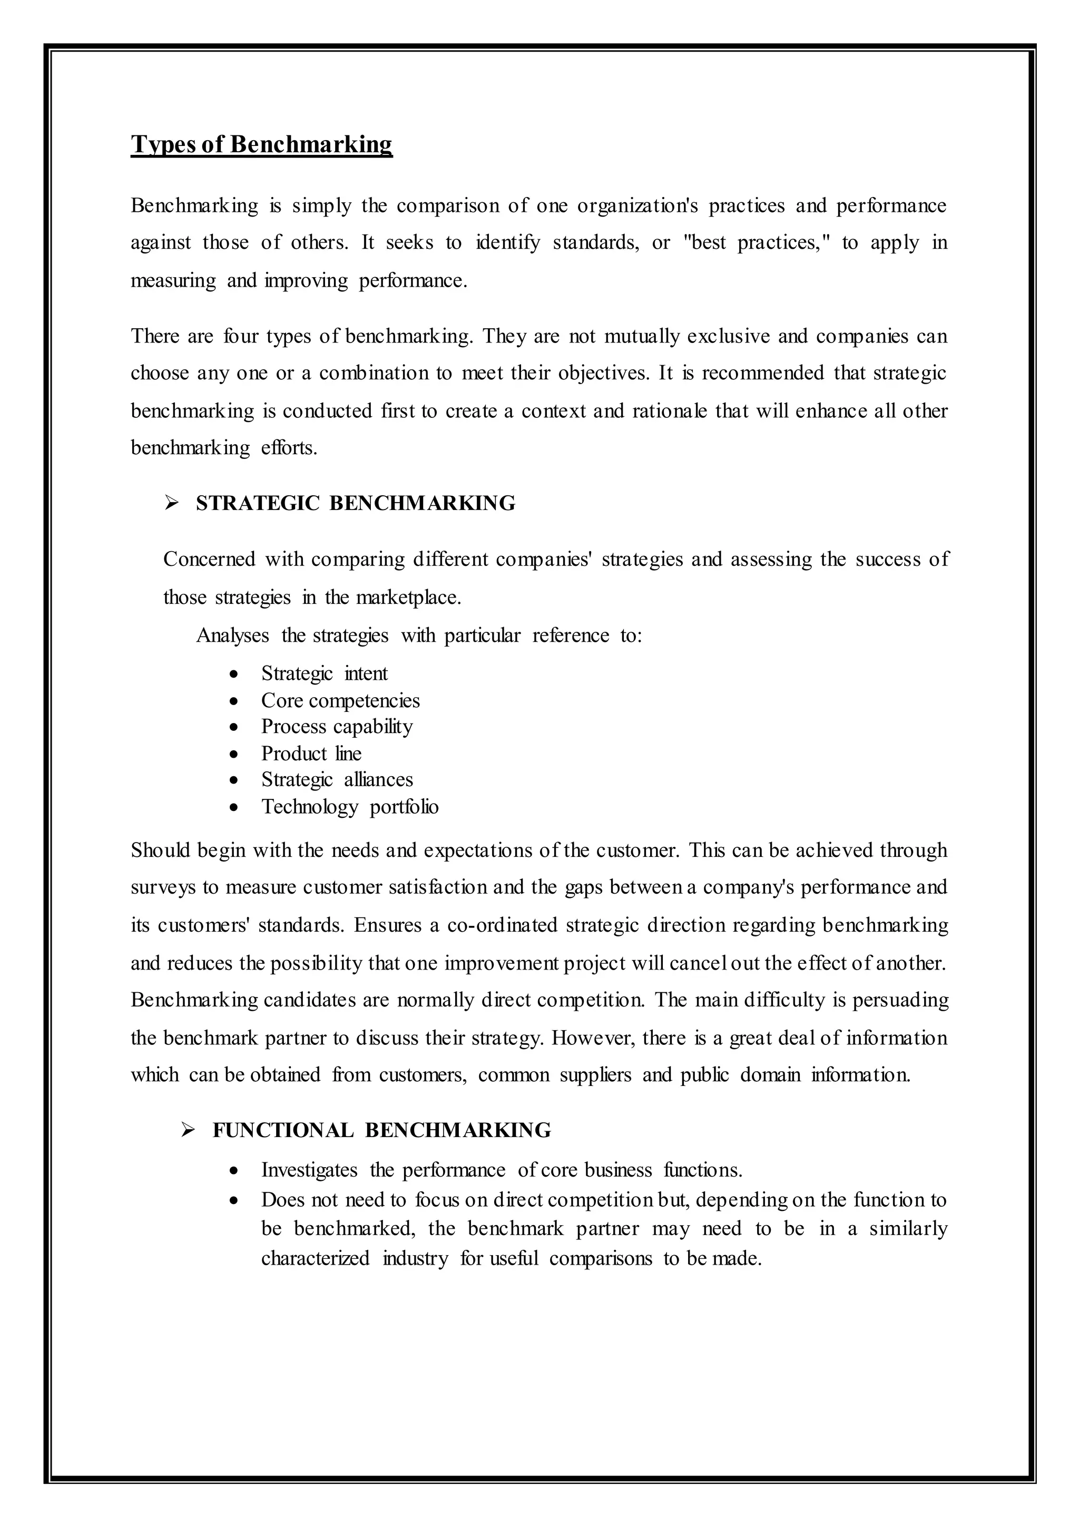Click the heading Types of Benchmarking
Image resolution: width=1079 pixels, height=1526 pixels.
point(261,145)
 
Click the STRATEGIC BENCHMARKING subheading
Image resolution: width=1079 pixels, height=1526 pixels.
point(356,504)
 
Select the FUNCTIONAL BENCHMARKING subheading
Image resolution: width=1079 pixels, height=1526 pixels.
point(381,1131)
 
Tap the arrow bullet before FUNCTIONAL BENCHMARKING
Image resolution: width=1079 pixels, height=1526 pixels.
point(188,1131)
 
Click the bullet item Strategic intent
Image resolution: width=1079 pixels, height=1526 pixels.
point(324,674)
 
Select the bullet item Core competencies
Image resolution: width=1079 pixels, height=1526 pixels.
point(340,700)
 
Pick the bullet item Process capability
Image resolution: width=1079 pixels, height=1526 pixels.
point(337,727)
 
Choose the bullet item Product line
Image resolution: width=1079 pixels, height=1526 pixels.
point(311,754)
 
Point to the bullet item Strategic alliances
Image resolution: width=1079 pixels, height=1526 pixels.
point(337,780)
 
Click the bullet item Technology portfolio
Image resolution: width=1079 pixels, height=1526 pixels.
point(349,807)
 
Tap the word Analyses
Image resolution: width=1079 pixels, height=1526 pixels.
point(232,636)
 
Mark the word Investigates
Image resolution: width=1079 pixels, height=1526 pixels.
point(309,1170)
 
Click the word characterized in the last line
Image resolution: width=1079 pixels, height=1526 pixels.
point(315,1258)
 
